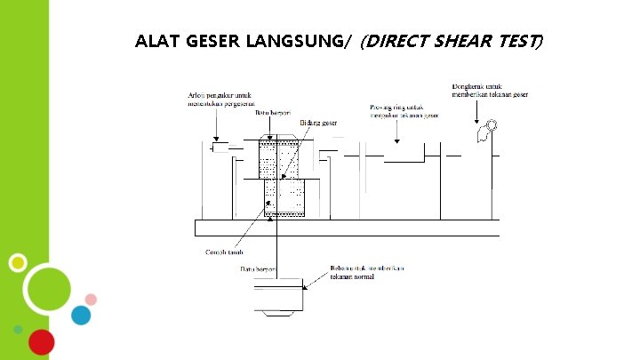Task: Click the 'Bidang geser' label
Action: tap(319, 122)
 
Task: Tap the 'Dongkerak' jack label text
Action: tap(491, 91)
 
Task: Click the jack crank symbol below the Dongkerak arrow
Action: tap(484, 132)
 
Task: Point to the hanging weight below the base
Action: tap(278, 298)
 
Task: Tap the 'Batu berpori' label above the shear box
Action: tap(274, 114)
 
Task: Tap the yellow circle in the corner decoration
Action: tap(17, 262)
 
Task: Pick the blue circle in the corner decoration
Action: tap(81, 316)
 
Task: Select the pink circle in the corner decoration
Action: tap(91, 297)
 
